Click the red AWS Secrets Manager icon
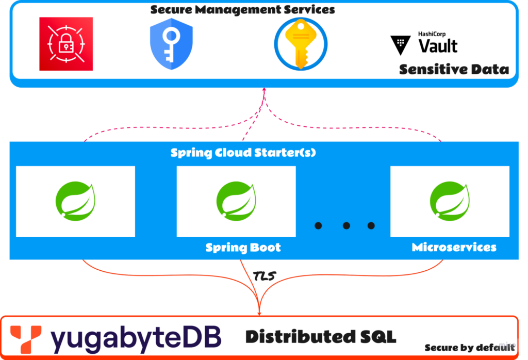click(66, 44)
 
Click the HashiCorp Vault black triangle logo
click(401, 45)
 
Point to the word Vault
click(438, 46)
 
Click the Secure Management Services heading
click(242, 10)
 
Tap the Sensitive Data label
click(454, 69)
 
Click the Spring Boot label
click(243, 248)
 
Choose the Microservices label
click(454, 248)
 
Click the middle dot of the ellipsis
click(346, 225)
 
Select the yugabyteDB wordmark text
click(135, 338)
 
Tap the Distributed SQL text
click(320, 337)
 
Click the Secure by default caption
click(469, 348)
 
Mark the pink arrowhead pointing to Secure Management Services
click(265, 90)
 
